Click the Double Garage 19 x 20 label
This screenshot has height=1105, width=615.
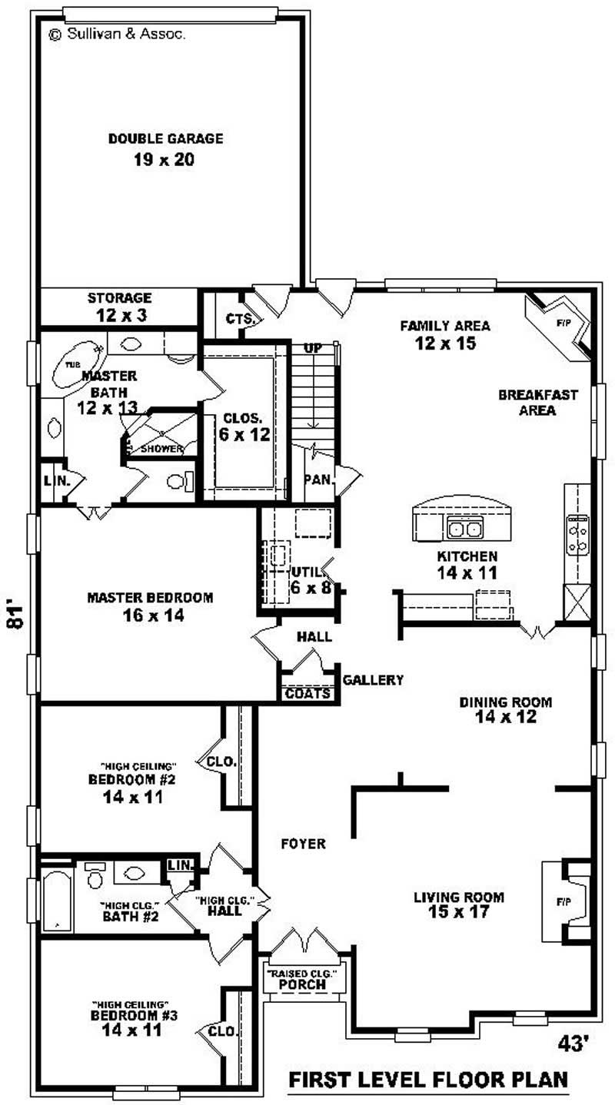[x=165, y=149]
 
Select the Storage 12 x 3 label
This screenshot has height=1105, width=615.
[x=119, y=306]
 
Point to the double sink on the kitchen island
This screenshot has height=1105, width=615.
[x=464, y=527]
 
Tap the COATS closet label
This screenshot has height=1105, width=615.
[x=307, y=693]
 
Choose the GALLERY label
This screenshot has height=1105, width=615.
[x=373, y=680]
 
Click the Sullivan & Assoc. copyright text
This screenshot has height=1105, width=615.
[x=116, y=34]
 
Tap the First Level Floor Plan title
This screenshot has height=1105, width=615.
[x=428, y=1080]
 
